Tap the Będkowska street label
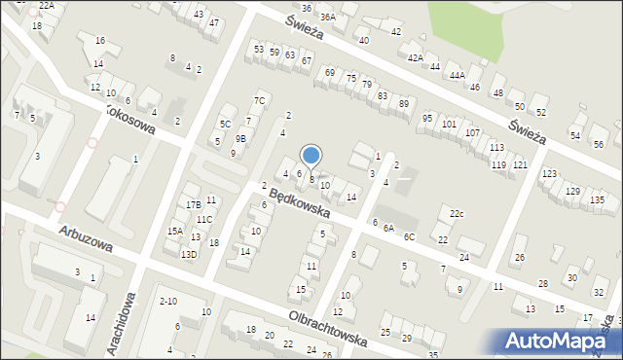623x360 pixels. pyautogui.click(x=300, y=202)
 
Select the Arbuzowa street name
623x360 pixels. pyautogui.click(x=86, y=239)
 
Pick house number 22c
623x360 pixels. pyautogui.click(x=457, y=214)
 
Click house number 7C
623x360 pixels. pyautogui.click(x=259, y=100)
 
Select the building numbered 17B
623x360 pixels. pyautogui.click(x=194, y=204)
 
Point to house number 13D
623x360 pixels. pyautogui.click(x=188, y=254)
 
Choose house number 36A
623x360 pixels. pyautogui.click(x=328, y=17)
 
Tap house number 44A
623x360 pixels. pyautogui.click(x=457, y=75)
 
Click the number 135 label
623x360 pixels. pyautogui.click(x=597, y=199)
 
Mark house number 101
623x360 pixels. pyautogui.click(x=449, y=125)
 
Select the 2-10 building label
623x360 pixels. pyautogui.click(x=167, y=302)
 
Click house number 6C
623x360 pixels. pyautogui.click(x=410, y=236)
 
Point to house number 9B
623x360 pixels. pyautogui.click(x=240, y=139)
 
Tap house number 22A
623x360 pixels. pyautogui.click(x=47, y=6)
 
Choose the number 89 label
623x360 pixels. pyautogui.click(x=404, y=103)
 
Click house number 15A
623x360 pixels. pyautogui.click(x=174, y=231)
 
